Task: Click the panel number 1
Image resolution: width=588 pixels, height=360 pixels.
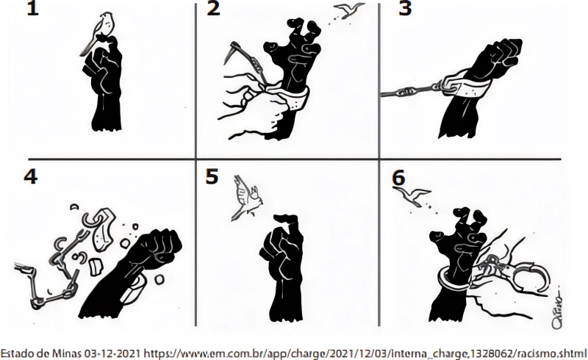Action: point(32,9)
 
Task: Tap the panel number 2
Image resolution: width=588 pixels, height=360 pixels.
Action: point(213,9)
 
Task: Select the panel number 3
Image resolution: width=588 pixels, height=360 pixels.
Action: point(405,9)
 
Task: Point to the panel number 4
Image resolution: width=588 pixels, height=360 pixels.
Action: point(30,176)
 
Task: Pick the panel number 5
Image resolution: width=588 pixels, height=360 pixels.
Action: point(212,176)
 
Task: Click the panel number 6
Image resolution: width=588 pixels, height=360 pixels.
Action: point(398,178)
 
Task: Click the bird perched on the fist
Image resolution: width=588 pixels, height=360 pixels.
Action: point(98,32)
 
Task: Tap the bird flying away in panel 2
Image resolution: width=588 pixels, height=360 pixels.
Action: point(348,10)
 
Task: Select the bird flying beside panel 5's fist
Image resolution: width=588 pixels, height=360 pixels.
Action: point(245,197)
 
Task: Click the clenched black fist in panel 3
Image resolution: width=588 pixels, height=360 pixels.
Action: point(495,60)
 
